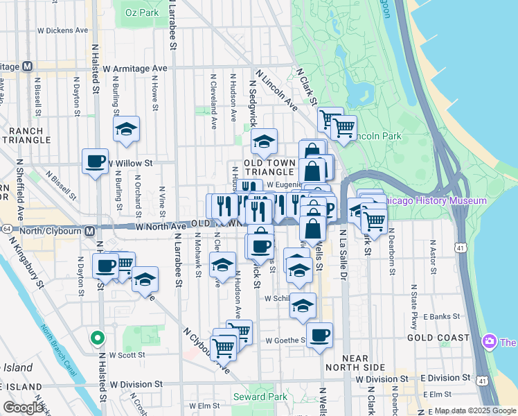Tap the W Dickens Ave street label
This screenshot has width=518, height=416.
click(x=63, y=31)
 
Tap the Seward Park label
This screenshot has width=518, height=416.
click(x=260, y=397)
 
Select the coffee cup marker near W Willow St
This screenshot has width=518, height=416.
click(x=96, y=162)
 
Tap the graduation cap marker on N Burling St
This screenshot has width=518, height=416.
click(x=127, y=129)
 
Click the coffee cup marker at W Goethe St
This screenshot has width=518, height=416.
click(x=319, y=335)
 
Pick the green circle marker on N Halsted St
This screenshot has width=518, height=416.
click(x=98, y=339)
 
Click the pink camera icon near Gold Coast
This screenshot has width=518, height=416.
click(x=490, y=341)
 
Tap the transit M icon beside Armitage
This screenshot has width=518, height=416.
click(x=28, y=67)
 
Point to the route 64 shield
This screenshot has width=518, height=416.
click(x=6, y=228)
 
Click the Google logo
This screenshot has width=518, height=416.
click(x=23, y=407)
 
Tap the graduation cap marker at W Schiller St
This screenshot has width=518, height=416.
click(x=303, y=305)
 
